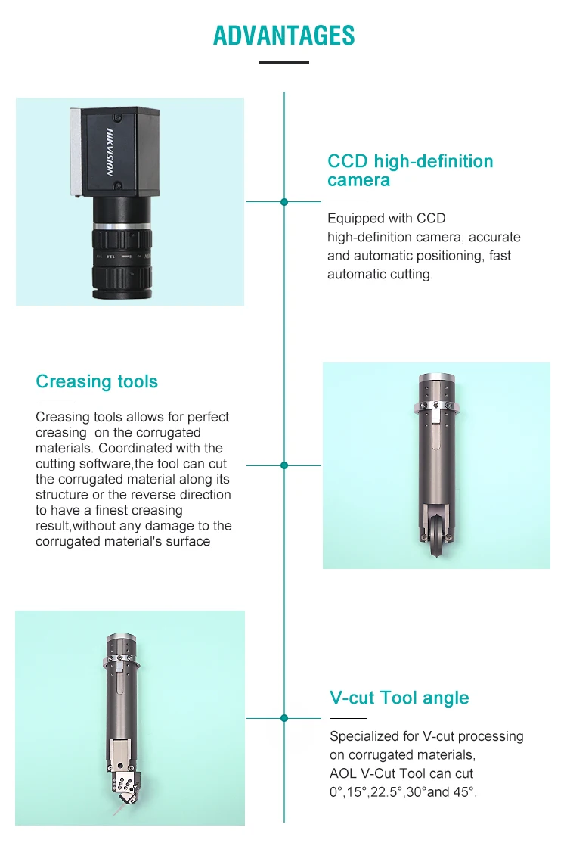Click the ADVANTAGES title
point(284,36)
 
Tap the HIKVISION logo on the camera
point(110,152)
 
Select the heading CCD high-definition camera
point(410,170)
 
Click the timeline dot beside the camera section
point(284,202)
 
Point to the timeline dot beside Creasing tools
point(284,465)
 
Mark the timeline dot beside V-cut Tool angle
point(284,718)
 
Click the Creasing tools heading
point(97,381)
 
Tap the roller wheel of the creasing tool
point(437,536)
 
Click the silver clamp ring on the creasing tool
point(437,407)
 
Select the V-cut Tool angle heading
point(399,698)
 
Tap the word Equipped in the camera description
point(355,219)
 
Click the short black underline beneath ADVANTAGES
point(283,62)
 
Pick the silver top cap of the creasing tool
point(437,378)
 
